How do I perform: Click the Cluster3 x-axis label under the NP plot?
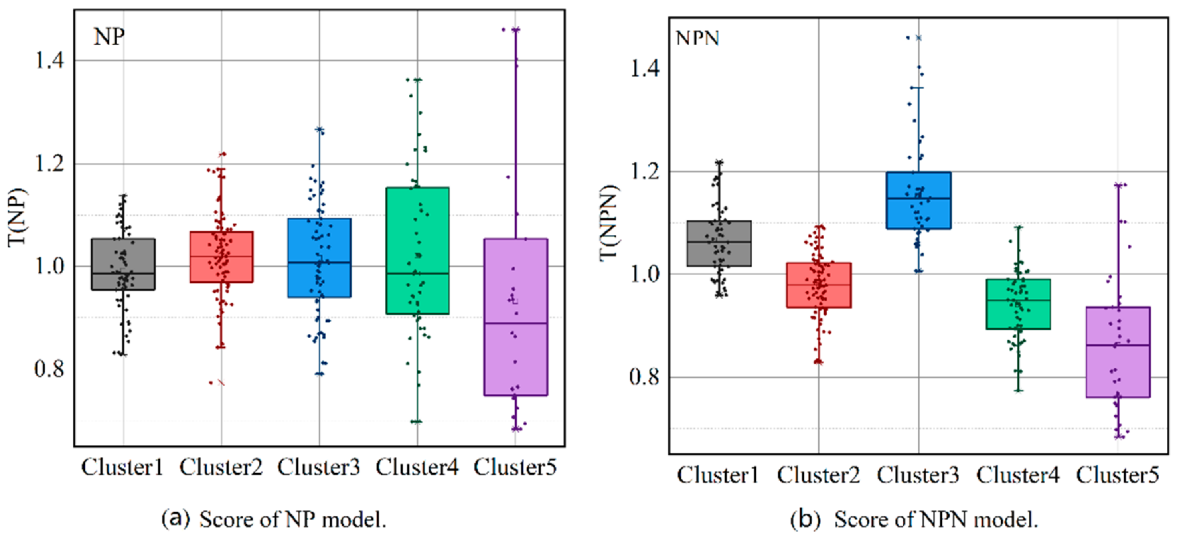click(319, 468)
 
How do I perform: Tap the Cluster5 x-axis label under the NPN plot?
click(1118, 475)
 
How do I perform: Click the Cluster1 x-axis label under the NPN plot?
click(718, 475)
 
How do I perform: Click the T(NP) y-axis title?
click(18, 217)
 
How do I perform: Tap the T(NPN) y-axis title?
click(609, 223)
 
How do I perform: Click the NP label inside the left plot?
click(109, 37)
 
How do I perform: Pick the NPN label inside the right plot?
click(697, 38)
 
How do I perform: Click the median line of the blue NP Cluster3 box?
click(320, 263)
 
